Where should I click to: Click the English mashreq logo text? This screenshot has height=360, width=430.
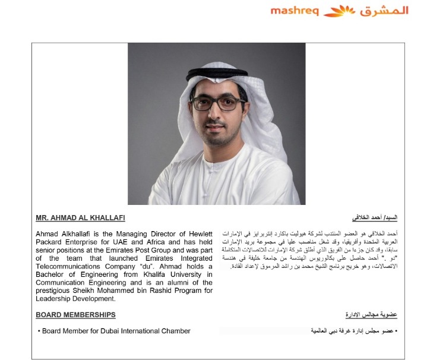295,11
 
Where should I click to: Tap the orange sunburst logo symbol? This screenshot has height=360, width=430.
340,11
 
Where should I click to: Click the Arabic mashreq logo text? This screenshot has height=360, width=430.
384,11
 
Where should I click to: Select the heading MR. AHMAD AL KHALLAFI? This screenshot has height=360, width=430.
80,218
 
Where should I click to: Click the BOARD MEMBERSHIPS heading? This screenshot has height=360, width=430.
75,314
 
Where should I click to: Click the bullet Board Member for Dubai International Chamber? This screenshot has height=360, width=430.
115,331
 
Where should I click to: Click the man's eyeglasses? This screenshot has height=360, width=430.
218,103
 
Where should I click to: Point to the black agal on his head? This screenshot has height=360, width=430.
216,74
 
